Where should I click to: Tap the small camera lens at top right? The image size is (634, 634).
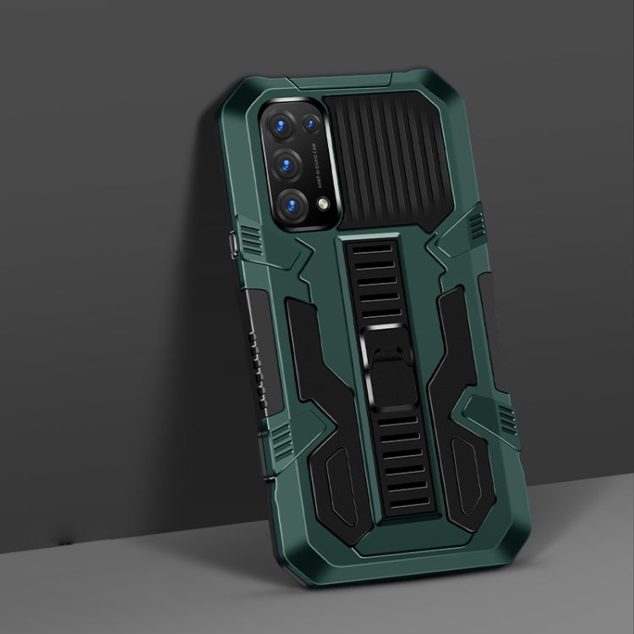[312, 123]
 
